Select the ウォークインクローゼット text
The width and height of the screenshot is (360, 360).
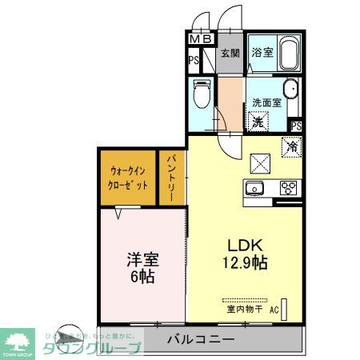(128, 177)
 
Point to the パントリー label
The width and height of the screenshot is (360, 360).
(172, 180)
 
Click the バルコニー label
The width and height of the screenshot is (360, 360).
(200, 340)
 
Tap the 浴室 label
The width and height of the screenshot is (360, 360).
(262, 54)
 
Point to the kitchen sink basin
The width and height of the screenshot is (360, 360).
(254, 189)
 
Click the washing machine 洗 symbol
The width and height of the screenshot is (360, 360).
(258, 122)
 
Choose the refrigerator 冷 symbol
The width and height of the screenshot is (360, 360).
(292, 146)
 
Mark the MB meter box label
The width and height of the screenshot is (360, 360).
(201, 38)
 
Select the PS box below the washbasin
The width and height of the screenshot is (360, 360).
(296, 125)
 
